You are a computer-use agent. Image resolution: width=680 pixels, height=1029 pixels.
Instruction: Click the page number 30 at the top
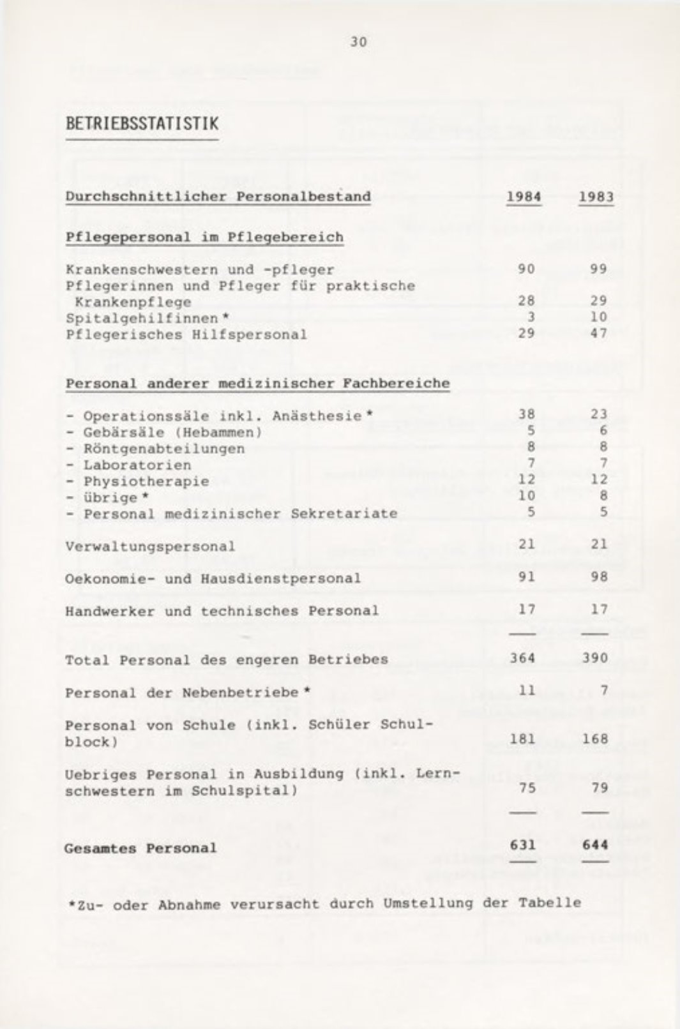(358, 42)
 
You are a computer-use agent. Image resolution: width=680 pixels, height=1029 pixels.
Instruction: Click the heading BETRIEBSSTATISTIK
(142, 123)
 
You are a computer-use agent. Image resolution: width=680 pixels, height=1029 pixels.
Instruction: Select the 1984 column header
(524, 196)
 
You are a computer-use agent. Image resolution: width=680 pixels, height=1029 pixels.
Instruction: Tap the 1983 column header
(596, 196)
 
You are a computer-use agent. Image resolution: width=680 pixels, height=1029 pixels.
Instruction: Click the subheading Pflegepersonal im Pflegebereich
(204, 237)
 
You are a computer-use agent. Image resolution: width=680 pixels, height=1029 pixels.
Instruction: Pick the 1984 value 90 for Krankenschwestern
(526, 269)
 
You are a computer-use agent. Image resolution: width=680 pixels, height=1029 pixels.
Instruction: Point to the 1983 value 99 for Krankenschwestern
(598, 269)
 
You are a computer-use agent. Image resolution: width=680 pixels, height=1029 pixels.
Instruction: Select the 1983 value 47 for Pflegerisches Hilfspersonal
(598, 334)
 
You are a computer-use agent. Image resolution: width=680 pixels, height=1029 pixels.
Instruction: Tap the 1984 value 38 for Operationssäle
(527, 415)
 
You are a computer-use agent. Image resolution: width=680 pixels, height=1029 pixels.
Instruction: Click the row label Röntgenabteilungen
(163, 449)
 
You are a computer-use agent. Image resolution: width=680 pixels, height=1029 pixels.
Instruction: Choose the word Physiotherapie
(146, 481)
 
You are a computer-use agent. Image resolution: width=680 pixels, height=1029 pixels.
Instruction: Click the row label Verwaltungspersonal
(150, 546)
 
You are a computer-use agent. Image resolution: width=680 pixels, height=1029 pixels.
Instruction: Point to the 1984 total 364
(523, 658)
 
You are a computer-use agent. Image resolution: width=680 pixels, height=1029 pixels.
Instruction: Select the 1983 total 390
(595, 658)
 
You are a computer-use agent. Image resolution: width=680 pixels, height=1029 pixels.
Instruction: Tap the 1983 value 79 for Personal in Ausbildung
(599, 788)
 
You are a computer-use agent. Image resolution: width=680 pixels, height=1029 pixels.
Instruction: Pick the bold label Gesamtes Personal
(140, 848)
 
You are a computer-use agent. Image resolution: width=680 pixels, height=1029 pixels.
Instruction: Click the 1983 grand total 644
(595, 845)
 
